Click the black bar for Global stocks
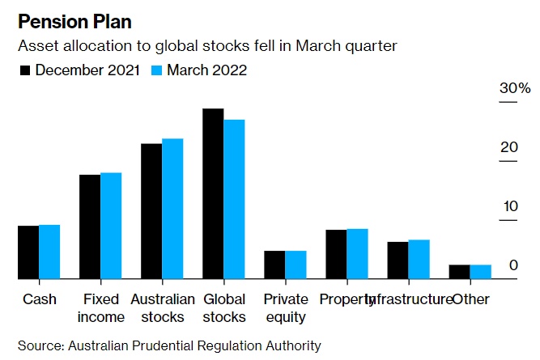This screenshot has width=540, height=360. point(213,194)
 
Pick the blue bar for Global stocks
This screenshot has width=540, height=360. point(234,200)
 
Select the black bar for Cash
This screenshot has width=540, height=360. point(28,252)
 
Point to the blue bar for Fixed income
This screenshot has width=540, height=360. point(111,226)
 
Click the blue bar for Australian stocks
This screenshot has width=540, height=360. point(172,209)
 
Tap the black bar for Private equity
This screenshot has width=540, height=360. point(274,265)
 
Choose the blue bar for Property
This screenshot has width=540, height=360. point(357,254)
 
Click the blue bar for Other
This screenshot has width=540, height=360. point(481,272)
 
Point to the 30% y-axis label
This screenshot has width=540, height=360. point(514,87)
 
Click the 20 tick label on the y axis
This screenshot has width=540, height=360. point(508,147)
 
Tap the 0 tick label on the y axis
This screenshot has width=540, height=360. point(513,265)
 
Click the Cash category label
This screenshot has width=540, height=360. point(40,299)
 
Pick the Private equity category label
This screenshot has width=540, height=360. point(285,308)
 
